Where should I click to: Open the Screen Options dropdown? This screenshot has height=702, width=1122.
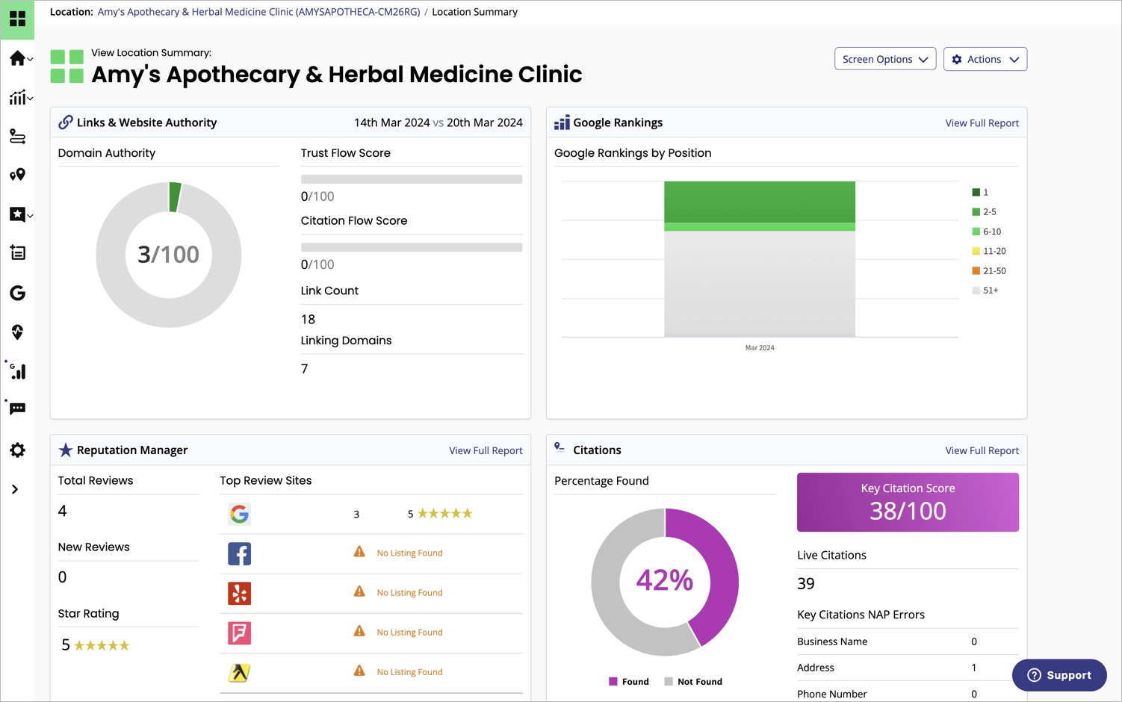tap(884, 59)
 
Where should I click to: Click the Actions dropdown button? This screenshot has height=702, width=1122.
tap(985, 59)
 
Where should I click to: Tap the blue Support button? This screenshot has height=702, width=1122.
tap(1059, 675)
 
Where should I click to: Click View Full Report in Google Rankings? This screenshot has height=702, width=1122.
tap(982, 123)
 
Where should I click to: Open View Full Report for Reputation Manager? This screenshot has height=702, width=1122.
tap(486, 450)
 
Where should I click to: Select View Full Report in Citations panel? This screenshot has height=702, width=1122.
tap(982, 450)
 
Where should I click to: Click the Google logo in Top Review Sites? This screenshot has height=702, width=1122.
tap(239, 514)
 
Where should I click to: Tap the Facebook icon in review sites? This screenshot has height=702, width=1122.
tap(239, 553)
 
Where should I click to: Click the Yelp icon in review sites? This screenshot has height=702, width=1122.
tap(239, 593)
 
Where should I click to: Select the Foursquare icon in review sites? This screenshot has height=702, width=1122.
tap(239, 633)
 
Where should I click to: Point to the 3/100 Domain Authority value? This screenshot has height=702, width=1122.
tap(169, 255)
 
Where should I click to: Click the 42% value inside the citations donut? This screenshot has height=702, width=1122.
tap(664, 580)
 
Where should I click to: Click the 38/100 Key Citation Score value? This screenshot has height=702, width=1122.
tap(908, 511)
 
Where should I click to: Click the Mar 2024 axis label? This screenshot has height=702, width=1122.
tap(760, 348)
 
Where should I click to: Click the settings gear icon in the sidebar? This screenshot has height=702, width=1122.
tap(17, 450)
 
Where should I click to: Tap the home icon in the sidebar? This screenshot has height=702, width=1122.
tap(17, 58)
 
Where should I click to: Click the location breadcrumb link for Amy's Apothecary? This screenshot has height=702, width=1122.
tap(258, 12)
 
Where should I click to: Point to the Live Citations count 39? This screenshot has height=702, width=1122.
tap(806, 584)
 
